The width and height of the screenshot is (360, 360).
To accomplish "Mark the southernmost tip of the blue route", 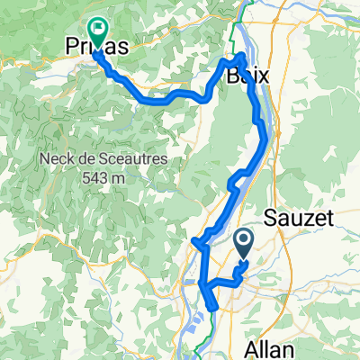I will coord(211,310).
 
